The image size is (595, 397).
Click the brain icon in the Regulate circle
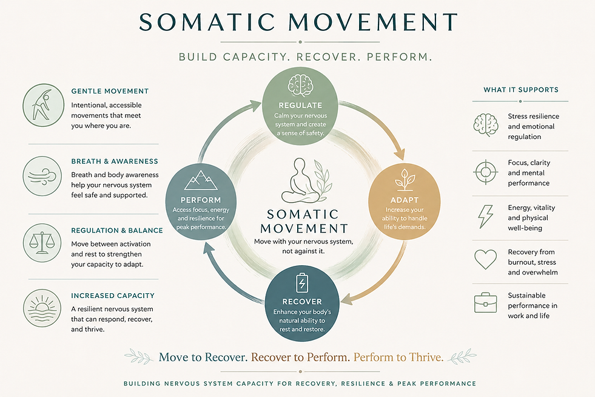(300, 86)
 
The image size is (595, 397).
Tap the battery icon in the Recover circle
(302, 283)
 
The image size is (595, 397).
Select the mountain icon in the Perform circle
(201, 180)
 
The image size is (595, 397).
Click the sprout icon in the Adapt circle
(405, 180)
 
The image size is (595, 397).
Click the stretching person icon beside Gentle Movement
(43, 105)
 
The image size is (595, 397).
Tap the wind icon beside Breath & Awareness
(42, 176)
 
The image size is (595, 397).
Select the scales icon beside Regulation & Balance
(42, 243)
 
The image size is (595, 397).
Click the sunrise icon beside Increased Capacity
(42, 308)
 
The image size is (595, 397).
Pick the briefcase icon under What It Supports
(485, 303)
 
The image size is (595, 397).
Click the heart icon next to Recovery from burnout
(485, 259)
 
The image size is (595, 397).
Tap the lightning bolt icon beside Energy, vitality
(485, 217)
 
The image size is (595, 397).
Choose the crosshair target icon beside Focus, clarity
(485, 172)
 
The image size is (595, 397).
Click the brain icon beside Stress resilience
(486, 124)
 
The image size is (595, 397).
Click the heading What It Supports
(520, 90)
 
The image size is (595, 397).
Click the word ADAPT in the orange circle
(405, 200)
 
